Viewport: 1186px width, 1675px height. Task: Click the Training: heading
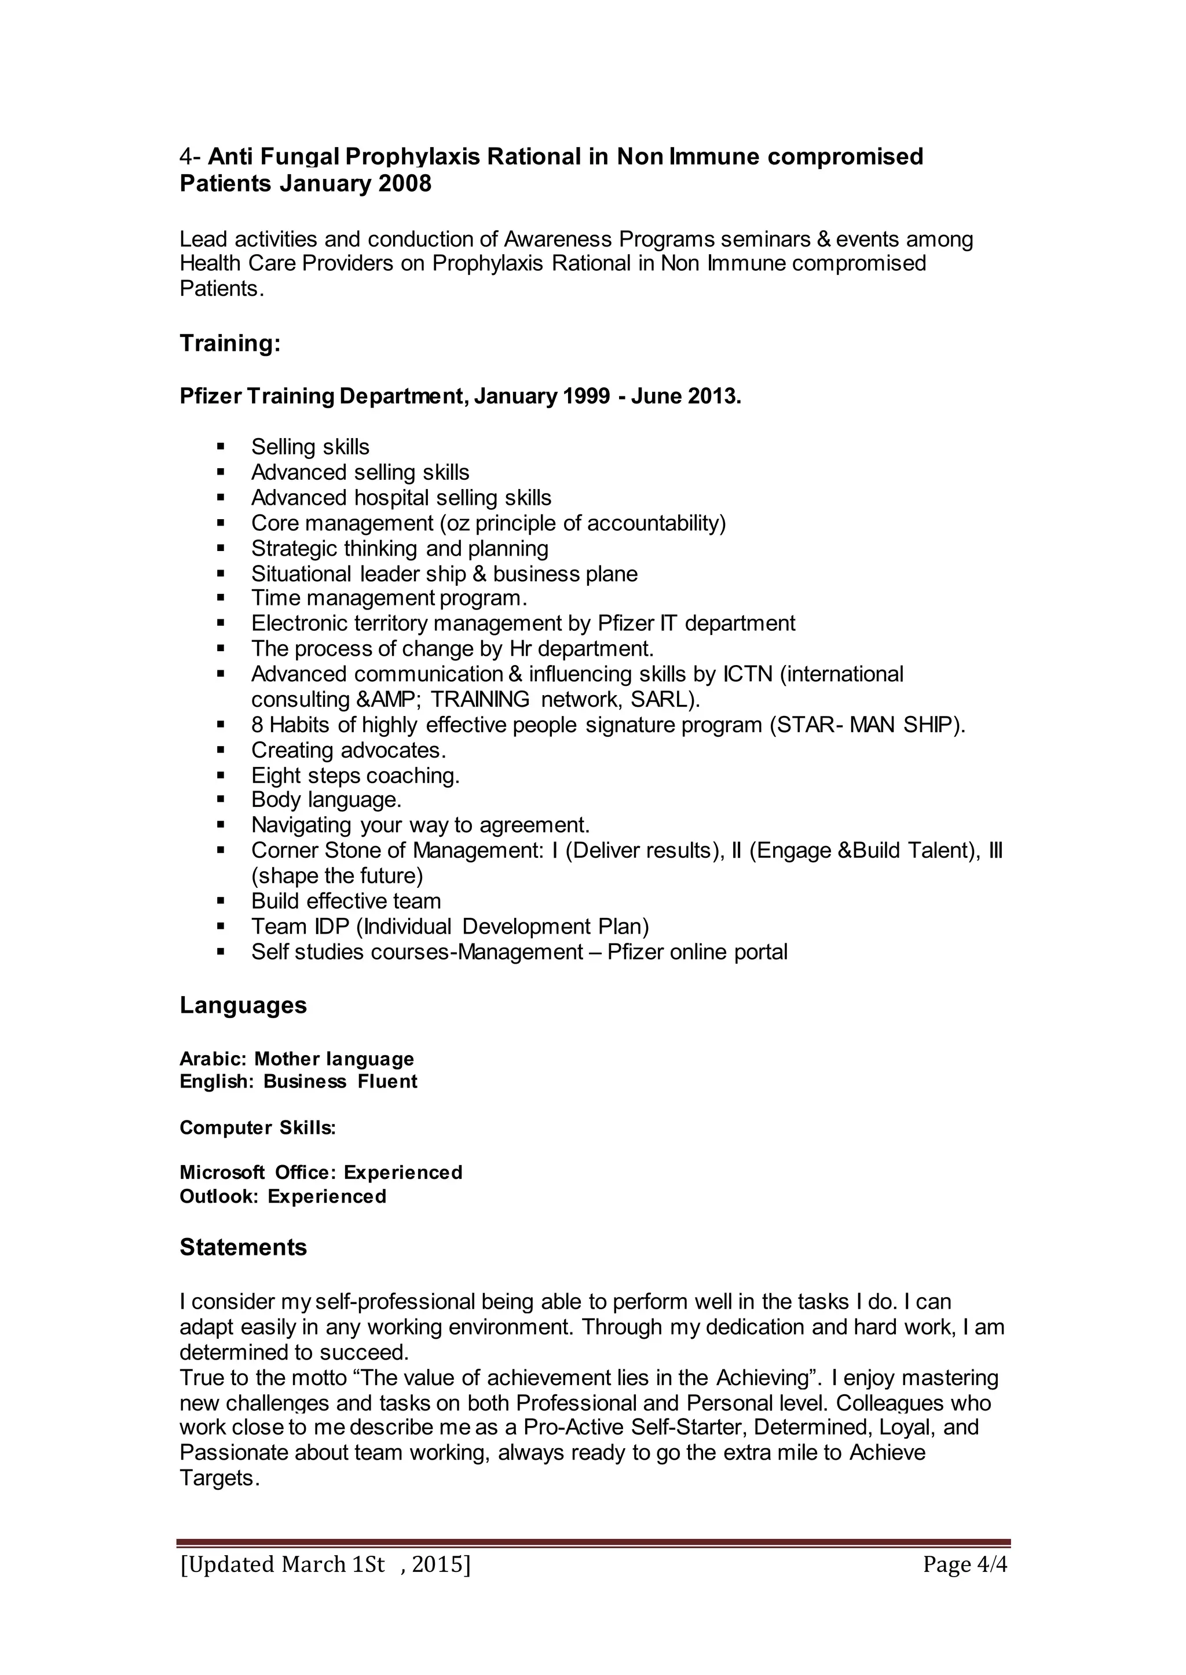pyautogui.click(x=230, y=344)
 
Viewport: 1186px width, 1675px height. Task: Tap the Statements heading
pyautogui.click(x=243, y=1247)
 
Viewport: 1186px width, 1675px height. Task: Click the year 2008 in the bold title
pyautogui.click(x=405, y=183)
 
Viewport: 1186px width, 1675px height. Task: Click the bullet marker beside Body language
pyautogui.click(x=221, y=800)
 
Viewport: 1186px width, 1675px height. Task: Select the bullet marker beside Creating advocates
pyautogui.click(x=221, y=750)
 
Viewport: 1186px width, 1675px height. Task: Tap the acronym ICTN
pyautogui.click(x=748, y=674)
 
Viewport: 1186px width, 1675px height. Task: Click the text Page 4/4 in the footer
pyautogui.click(x=965, y=1565)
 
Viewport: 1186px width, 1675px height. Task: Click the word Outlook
pyautogui.click(x=217, y=1196)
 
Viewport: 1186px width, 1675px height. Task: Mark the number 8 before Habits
pyautogui.click(x=257, y=725)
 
